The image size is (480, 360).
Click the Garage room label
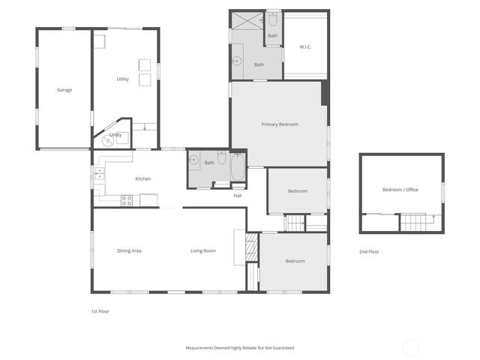pyautogui.click(x=64, y=90)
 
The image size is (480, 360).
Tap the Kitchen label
pyautogui.click(x=142, y=178)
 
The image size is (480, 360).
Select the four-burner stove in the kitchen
pyautogui.click(x=127, y=200)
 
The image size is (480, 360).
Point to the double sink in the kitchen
pyautogui.click(x=99, y=175)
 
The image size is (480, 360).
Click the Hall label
pyautogui.click(x=238, y=196)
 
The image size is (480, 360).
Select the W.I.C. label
pyautogui.click(x=305, y=47)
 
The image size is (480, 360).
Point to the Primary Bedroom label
pyautogui.click(x=280, y=124)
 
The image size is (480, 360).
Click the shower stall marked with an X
pyautogui.click(x=247, y=19)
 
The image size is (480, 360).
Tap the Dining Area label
pyautogui.click(x=129, y=250)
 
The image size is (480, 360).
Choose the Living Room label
pyautogui.click(x=202, y=250)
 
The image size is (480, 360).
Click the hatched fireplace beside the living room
pyautogui.click(x=252, y=247)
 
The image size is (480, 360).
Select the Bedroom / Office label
pyautogui.click(x=400, y=190)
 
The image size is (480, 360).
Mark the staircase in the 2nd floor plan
pyautogui.click(x=412, y=223)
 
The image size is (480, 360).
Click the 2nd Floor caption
pyautogui.click(x=369, y=252)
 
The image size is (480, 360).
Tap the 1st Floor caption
pyautogui.click(x=100, y=310)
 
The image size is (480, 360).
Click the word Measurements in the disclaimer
pyautogui.click(x=202, y=348)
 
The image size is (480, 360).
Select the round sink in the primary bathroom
pyautogui.click(x=237, y=61)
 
